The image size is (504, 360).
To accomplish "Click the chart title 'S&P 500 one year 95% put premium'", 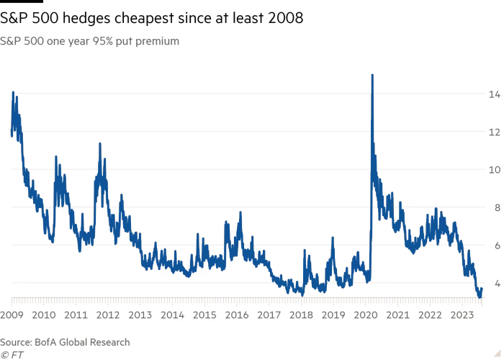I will [x=90, y=42].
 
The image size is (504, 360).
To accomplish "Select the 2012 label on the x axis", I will [x=109, y=315].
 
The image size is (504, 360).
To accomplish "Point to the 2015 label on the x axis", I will [x=205, y=315].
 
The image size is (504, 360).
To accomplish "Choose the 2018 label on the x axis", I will [x=302, y=315].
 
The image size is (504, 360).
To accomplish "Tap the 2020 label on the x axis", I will [x=366, y=315].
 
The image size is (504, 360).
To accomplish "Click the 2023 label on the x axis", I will [x=462, y=315].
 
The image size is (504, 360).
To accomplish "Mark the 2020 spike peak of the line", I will [x=372, y=74].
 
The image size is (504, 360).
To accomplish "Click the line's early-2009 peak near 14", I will [x=13, y=92].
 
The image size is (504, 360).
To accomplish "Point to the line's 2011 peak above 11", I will [x=100, y=143].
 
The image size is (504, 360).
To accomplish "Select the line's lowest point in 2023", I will [x=480, y=297].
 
